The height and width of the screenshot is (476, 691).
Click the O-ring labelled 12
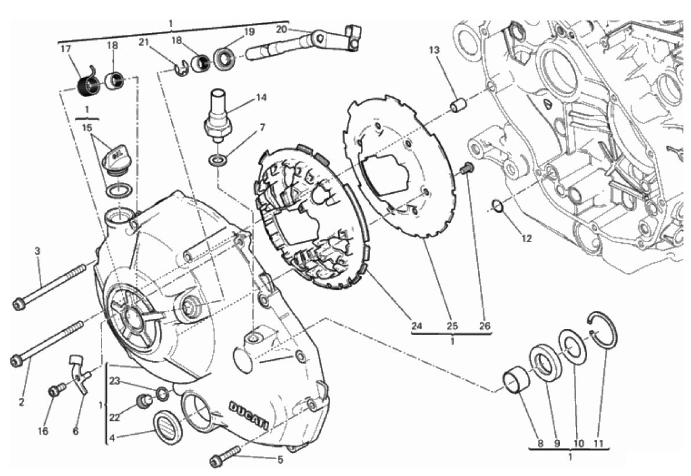click(x=496, y=205)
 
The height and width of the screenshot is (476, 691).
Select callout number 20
click(x=281, y=29)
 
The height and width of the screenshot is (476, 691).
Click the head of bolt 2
click(x=16, y=361)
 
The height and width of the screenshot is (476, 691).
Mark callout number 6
click(x=75, y=431)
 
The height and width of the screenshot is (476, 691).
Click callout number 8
click(x=540, y=443)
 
